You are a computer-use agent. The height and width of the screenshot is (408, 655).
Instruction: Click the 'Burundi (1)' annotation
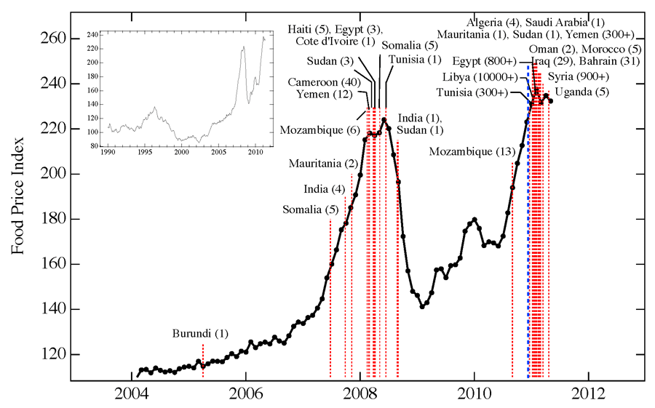click(200, 334)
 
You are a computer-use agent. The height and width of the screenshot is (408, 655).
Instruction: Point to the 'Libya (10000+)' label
click(480, 77)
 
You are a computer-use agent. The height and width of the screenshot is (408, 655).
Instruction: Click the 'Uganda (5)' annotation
click(581, 92)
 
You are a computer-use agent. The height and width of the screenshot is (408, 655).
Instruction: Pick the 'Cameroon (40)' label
click(325, 82)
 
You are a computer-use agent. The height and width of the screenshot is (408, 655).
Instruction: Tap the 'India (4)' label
click(325, 190)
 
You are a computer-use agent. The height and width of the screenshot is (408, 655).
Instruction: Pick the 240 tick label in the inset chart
click(93, 35)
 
